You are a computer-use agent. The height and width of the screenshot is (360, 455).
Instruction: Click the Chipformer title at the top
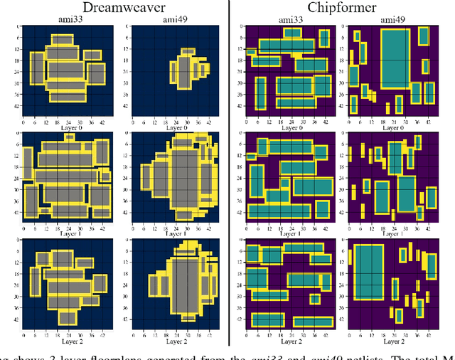click(343, 8)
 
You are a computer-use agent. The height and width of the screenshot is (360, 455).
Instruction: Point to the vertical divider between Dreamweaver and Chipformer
click(229, 178)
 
